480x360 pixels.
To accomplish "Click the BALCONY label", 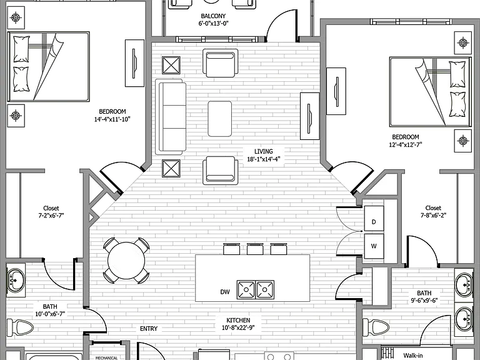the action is (x=213, y=16).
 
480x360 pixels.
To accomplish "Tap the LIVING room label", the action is (x=264, y=151).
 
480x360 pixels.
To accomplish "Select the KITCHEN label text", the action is (x=238, y=320).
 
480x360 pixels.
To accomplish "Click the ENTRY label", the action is (x=149, y=329).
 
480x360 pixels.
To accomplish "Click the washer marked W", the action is (x=374, y=246).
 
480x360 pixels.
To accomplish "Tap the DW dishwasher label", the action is (x=225, y=292).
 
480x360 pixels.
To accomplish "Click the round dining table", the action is (x=126, y=261).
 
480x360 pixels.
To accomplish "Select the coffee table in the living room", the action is (x=220, y=119).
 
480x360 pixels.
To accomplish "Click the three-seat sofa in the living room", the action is (x=171, y=117).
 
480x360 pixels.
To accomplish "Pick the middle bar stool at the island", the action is (x=255, y=249).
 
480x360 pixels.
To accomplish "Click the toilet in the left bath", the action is (x=20, y=327).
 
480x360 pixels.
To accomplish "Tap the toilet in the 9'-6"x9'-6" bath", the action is (x=376, y=327).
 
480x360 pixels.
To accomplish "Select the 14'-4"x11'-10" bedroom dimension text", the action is (x=112, y=119).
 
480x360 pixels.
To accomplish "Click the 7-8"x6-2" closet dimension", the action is (x=433, y=215).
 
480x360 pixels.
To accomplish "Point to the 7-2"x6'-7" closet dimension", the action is (x=51, y=216).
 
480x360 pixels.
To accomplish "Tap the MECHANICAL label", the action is (x=106, y=357).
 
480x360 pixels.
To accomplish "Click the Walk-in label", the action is (x=413, y=356).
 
